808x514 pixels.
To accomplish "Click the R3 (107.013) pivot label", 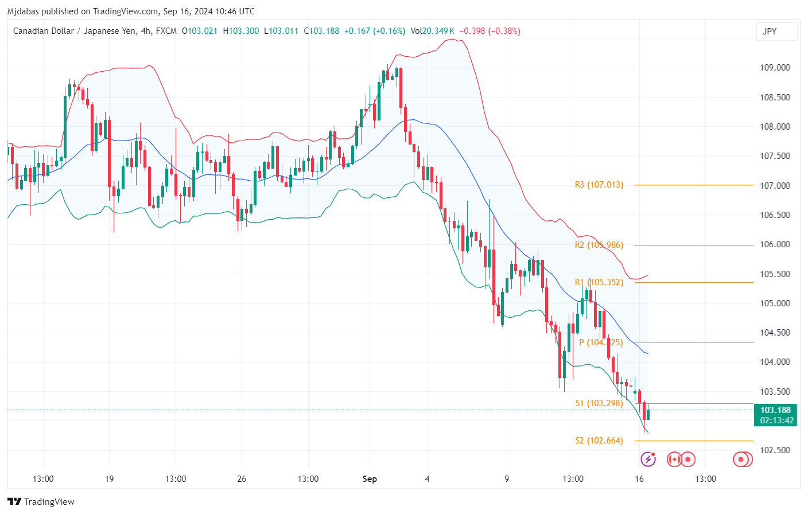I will coord(599,185).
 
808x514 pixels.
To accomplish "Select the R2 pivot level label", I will coord(599,245).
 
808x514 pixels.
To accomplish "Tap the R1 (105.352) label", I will coord(599,282).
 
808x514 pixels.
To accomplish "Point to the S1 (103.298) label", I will coord(599,403).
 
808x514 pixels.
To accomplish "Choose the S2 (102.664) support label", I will coord(599,441).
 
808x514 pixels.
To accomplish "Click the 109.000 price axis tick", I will coord(775,68).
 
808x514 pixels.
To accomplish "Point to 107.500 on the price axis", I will coord(775,156).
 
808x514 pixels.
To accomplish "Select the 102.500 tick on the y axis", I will coord(775,450).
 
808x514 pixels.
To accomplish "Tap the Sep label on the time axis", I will coord(370,479).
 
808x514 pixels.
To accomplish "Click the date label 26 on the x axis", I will coord(242,479).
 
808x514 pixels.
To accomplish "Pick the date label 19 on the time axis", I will coord(109,479).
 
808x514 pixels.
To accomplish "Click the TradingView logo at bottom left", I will coord(41,502).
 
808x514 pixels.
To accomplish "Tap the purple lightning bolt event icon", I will coord(648,459).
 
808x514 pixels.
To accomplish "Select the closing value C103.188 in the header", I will coord(321,31).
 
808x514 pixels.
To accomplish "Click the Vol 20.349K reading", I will coord(432,31).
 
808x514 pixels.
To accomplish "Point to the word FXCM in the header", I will coord(166,31).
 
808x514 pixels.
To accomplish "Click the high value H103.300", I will coord(241,31).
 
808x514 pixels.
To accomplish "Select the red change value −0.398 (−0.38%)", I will coord(490,31).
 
